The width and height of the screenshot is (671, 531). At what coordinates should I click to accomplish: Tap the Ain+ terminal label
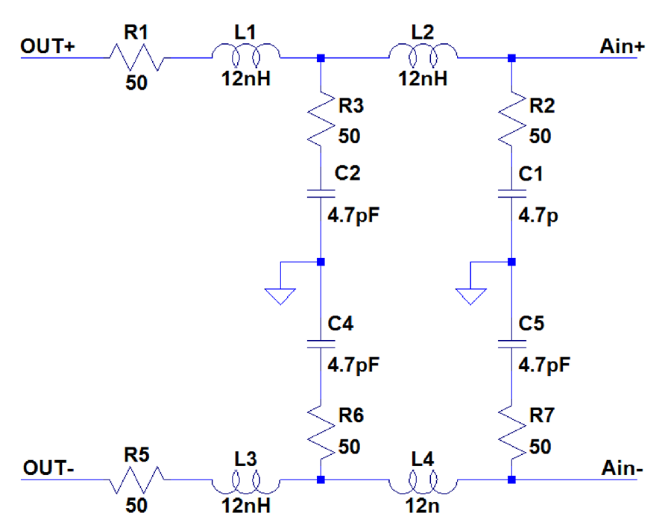click(620, 46)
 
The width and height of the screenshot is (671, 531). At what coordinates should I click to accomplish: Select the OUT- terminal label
click(46, 468)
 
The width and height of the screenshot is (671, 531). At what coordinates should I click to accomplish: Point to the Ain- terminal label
click(620, 468)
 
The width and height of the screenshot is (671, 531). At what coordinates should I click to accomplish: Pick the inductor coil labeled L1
click(246, 54)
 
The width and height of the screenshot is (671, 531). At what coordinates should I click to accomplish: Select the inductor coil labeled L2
click(423, 54)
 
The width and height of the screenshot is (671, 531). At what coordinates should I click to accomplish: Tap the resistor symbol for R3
click(320, 118)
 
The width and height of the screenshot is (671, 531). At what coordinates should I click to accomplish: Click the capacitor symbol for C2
click(320, 194)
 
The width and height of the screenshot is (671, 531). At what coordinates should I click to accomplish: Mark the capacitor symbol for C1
click(511, 194)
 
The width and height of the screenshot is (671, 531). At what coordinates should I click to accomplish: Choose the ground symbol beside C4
click(280, 291)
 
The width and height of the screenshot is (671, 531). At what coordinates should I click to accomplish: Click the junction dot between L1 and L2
click(320, 57)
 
